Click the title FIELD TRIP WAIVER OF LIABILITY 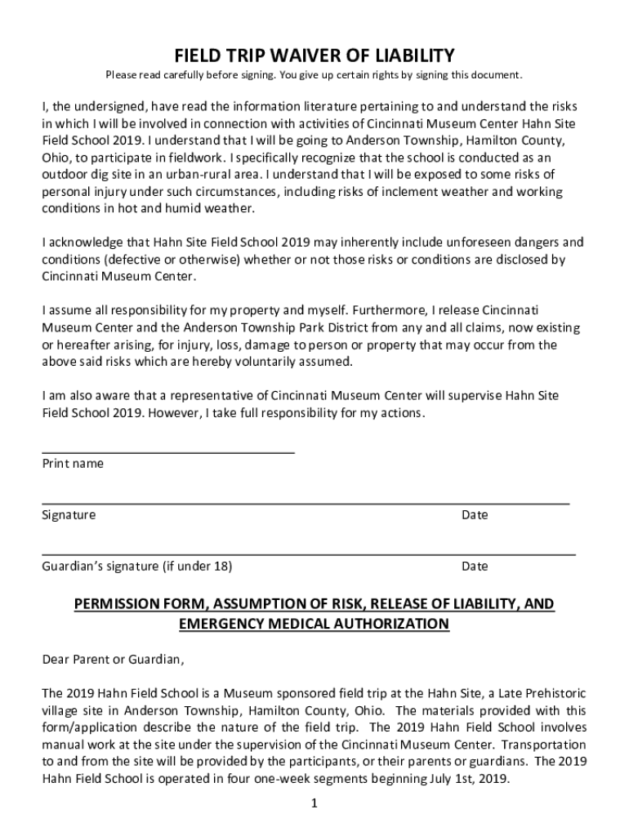tap(314, 56)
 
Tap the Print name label tap(73, 464)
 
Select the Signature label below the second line tap(69, 515)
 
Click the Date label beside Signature tap(475, 515)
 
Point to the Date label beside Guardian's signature tap(475, 567)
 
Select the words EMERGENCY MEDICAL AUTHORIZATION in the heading tap(314, 625)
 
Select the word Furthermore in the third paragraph tap(388, 311)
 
